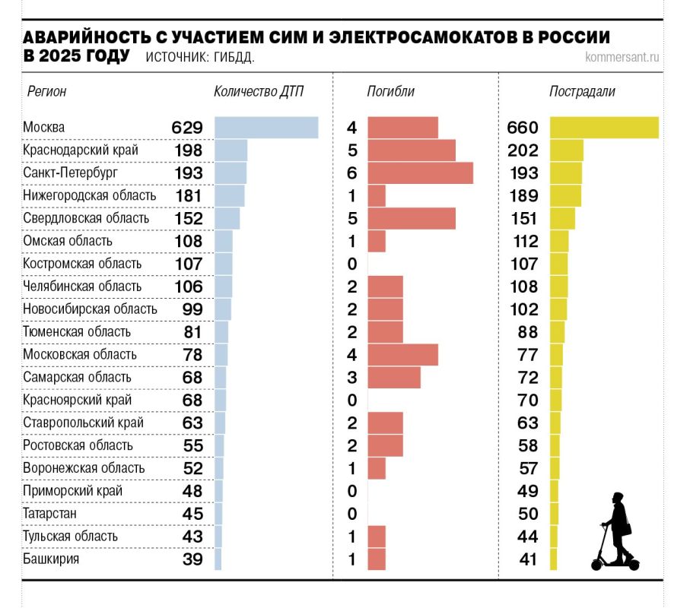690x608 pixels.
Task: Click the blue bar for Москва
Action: pos(266,128)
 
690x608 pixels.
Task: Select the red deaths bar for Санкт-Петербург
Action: pos(420,173)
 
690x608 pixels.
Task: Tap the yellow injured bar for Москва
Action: pos(604,128)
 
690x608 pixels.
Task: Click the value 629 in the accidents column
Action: pos(187,128)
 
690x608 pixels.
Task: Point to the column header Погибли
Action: pos(390,92)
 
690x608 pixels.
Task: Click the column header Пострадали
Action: pos(582,92)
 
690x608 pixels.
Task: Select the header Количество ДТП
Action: pos(259,92)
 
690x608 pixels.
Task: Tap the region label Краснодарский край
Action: pos(81,150)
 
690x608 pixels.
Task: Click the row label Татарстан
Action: pos(49,514)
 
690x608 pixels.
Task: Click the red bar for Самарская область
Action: pos(394,377)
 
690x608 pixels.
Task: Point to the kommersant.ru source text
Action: pos(622,57)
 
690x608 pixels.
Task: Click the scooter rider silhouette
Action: pos(616,532)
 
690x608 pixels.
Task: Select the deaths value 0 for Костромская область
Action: pos(352,264)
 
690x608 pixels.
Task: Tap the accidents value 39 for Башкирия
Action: pos(192,559)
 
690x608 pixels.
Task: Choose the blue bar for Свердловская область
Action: pos(227,219)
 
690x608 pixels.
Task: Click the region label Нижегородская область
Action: pos(90,196)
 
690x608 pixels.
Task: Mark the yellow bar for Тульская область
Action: pos(553,537)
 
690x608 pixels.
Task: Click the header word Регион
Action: pos(47,92)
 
